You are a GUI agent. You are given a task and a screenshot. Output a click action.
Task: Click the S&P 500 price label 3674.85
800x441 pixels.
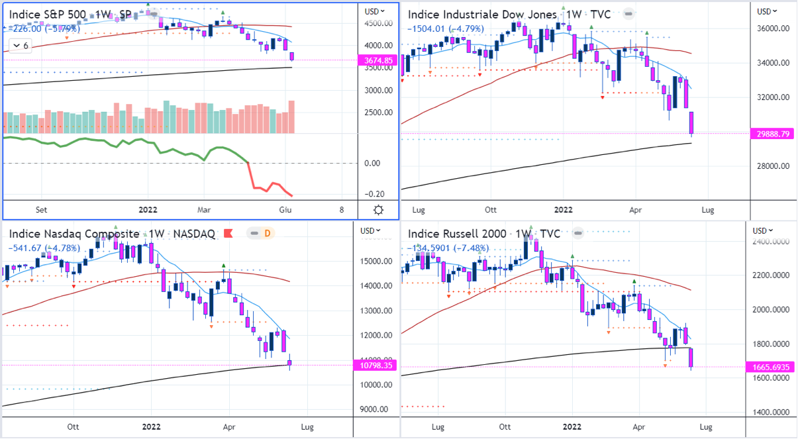pos(379,60)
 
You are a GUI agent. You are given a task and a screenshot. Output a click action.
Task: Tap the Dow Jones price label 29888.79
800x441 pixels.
pos(774,134)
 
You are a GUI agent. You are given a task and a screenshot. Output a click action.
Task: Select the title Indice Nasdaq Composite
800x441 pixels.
pos(74,234)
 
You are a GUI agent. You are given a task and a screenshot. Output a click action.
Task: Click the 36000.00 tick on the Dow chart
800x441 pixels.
pos(774,29)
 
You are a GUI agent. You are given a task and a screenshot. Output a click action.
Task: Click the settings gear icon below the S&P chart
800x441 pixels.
pos(378,210)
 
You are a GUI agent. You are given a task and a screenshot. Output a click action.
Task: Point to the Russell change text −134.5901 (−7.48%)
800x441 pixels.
pos(448,248)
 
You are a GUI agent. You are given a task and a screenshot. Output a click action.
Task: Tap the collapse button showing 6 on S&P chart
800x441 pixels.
pos(21,46)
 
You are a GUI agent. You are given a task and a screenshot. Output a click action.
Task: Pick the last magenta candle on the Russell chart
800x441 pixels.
pos(691,358)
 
